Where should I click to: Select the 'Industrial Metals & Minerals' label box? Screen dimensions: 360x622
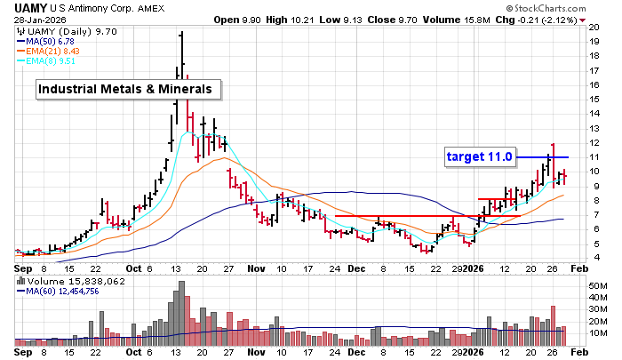[128, 89]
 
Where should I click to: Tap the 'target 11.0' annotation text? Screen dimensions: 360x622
[480, 156]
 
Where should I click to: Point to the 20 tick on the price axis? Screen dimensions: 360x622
[595, 28]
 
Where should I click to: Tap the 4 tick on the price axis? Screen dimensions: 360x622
[593, 258]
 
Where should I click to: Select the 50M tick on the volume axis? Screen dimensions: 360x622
[599, 285]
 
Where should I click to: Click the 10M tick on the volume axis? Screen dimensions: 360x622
[599, 333]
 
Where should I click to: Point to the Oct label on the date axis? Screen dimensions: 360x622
[134, 268]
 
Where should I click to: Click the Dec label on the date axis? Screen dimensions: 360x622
[355, 268]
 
